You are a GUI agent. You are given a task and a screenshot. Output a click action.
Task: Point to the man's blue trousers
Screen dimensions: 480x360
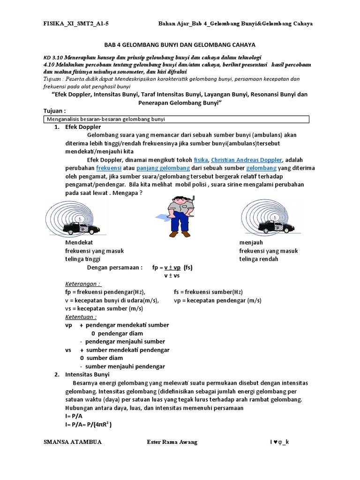click(x=180, y=225)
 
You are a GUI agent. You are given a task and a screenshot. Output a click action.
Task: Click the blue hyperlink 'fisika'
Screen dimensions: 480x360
click(x=201, y=159)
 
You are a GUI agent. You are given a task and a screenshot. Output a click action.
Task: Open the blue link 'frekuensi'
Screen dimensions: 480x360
click(x=109, y=168)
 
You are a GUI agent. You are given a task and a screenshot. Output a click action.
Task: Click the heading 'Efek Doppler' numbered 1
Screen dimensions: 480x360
click(x=82, y=127)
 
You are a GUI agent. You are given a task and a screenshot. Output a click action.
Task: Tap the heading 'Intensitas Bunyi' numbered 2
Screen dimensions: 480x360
click(x=87, y=375)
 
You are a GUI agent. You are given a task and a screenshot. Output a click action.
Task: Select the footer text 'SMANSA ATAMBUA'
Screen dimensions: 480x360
click(x=72, y=442)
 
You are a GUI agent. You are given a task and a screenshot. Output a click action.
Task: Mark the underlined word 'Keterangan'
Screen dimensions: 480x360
click(x=82, y=284)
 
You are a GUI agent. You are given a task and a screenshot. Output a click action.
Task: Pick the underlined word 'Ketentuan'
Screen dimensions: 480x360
click(x=81, y=317)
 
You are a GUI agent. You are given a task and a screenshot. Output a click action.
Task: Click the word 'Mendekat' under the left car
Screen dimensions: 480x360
click(x=79, y=243)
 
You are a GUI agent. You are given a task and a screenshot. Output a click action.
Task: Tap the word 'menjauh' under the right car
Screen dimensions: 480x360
click(x=251, y=243)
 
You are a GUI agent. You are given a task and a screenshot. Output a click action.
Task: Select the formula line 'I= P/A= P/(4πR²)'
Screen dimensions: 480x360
click(x=89, y=425)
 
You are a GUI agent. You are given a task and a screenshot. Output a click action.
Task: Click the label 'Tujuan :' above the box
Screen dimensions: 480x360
click(x=54, y=111)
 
